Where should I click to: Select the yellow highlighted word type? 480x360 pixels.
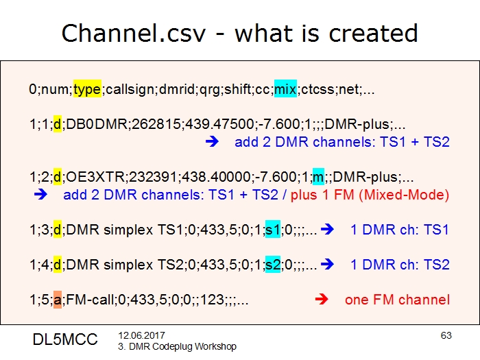point(87,89)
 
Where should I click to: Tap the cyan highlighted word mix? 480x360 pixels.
point(285,89)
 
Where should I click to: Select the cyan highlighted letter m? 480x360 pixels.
point(318,177)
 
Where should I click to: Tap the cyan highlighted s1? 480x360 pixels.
point(273,229)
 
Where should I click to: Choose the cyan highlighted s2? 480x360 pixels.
point(273,264)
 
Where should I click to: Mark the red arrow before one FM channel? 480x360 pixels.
point(320,300)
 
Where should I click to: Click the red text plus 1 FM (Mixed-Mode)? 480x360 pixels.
point(370,195)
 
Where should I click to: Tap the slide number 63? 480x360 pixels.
point(446,335)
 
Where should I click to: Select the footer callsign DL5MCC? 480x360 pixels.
point(65,339)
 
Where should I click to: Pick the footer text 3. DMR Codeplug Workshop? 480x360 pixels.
point(177,346)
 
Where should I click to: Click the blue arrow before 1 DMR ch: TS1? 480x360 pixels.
point(327,229)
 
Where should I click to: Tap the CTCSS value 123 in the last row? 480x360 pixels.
point(202,300)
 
